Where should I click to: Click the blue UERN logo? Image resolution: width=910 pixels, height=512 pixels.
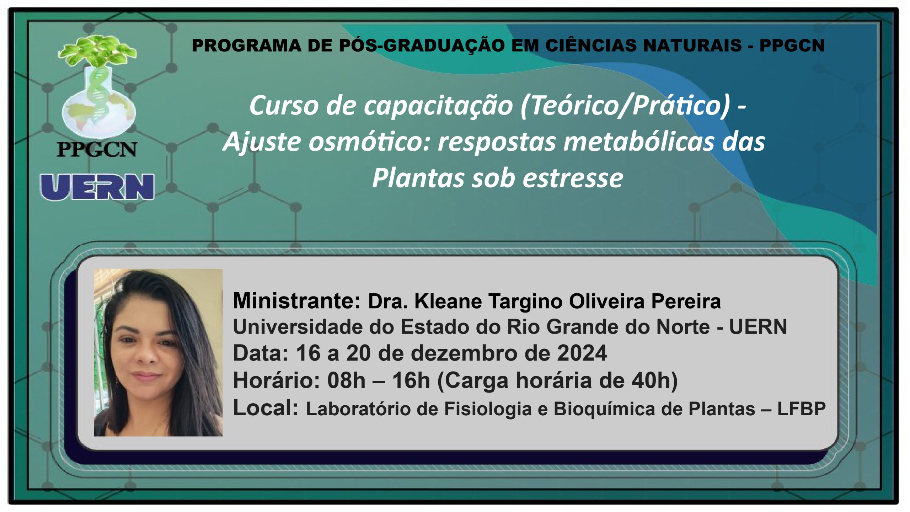click(x=97, y=187)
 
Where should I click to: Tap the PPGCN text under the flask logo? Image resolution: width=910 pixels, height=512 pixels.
click(x=97, y=149)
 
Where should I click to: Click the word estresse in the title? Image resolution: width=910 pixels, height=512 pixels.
click(x=573, y=178)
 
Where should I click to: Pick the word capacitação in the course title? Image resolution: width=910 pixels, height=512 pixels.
click(x=438, y=106)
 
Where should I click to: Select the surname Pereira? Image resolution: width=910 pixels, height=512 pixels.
click(x=686, y=302)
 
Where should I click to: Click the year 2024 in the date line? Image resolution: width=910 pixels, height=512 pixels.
click(x=582, y=353)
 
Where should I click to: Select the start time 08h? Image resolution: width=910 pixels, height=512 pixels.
click(x=347, y=380)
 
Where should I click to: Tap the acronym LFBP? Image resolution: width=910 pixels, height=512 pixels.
click(x=802, y=409)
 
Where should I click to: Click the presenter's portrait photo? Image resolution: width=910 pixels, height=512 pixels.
click(x=158, y=353)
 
